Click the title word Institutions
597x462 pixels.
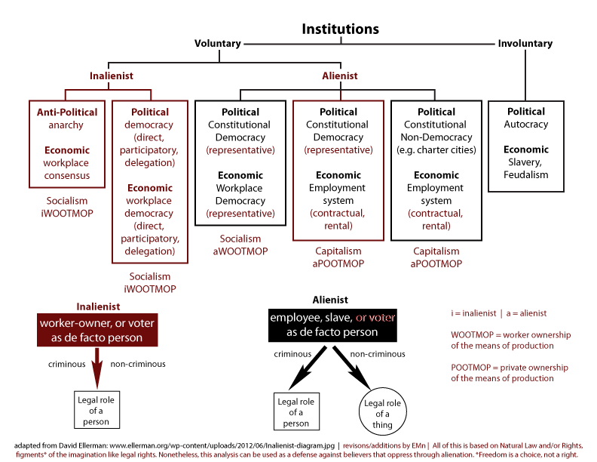[x=340, y=29]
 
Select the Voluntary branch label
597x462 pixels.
[x=218, y=44]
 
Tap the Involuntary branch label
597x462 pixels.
[x=525, y=44]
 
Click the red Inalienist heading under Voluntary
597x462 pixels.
[x=112, y=75]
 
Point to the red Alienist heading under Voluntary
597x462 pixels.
[x=339, y=75]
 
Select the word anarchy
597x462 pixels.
[x=66, y=125]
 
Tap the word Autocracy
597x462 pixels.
[x=526, y=125]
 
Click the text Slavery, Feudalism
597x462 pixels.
[x=526, y=168]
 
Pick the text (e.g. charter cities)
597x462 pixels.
[x=436, y=149]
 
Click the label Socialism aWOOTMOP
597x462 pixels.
[x=240, y=245]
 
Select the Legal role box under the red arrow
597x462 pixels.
[x=96, y=409]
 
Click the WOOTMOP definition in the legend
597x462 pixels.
[x=510, y=340]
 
